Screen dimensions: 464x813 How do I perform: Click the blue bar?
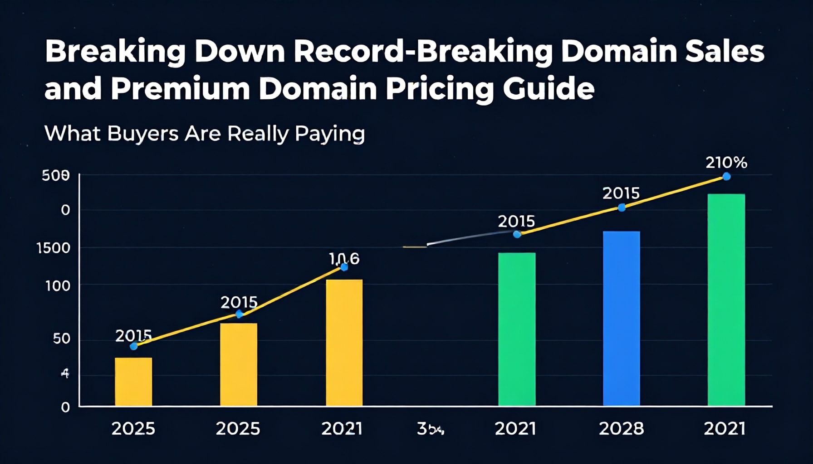click(x=621, y=318)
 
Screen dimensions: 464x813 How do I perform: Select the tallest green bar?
click(x=726, y=300)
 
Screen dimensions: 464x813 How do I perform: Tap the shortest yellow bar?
click(x=133, y=382)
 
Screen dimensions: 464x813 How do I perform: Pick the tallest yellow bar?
click(x=344, y=342)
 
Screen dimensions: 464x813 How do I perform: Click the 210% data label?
click(x=726, y=163)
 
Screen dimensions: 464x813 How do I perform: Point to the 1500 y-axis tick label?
click(x=53, y=248)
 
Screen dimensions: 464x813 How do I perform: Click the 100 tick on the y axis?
click(x=58, y=286)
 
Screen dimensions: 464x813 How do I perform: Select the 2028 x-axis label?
click(x=621, y=428)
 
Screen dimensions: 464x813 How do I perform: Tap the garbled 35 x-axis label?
click(x=430, y=429)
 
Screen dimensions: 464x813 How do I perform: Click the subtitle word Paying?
click(x=330, y=134)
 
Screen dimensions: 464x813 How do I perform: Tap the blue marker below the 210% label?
click(x=726, y=177)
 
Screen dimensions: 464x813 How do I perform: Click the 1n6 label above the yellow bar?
click(x=344, y=258)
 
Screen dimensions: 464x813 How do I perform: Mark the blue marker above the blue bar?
click(x=622, y=208)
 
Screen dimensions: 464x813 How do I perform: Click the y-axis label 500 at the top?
click(x=56, y=176)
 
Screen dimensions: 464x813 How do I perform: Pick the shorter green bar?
click(x=517, y=329)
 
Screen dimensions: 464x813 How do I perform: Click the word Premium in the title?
click(x=180, y=88)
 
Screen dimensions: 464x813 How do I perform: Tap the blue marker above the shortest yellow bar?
click(x=133, y=346)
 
